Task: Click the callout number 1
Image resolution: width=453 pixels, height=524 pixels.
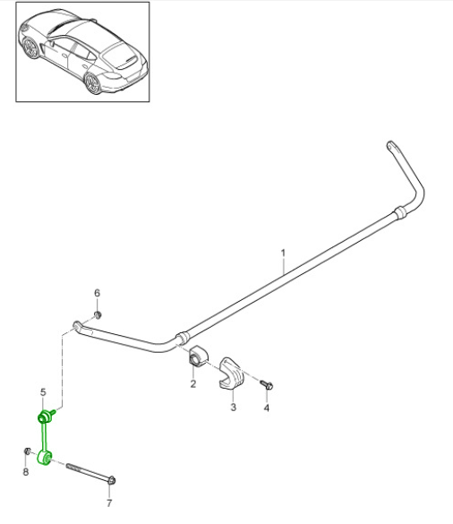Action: tap(282, 253)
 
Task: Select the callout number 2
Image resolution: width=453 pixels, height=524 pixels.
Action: tap(192, 384)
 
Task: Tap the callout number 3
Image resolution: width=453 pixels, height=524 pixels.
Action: tap(233, 408)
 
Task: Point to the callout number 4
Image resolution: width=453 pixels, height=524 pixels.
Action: tap(266, 408)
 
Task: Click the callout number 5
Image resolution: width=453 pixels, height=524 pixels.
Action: tap(42, 392)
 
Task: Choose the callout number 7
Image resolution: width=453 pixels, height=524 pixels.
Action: tap(109, 503)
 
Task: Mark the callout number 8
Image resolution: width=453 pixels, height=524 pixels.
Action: tap(25, 472)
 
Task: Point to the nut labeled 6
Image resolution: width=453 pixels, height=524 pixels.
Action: tap(98, 314)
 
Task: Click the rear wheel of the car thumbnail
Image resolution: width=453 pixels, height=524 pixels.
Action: tap(91, 83)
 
